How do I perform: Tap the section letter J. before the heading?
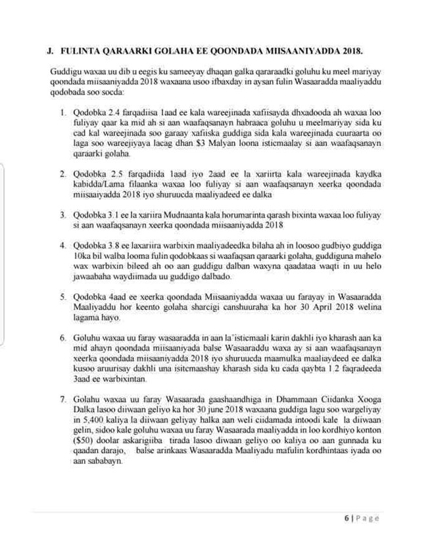(x=50, y=50)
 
